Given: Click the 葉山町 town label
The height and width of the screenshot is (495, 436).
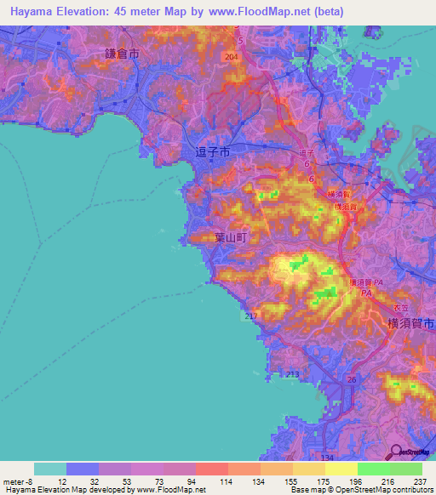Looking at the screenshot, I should tap(229, 240).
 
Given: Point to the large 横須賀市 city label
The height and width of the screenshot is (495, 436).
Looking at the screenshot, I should tap(410, 323).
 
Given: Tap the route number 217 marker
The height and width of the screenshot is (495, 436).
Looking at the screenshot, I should tap(250, 316).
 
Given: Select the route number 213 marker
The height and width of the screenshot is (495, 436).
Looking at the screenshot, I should tap(293, 374).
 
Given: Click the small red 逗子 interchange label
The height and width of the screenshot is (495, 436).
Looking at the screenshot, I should tap(307, 153).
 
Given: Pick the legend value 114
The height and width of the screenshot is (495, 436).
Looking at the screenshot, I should tap(227, 482).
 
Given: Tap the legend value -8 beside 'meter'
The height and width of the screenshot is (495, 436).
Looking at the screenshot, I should tap(34, 482).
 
